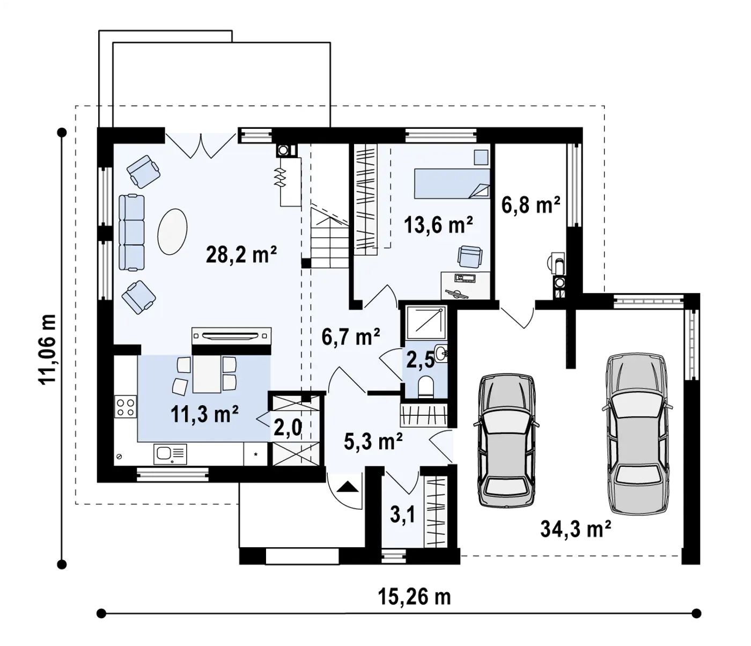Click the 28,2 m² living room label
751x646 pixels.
[241, 254]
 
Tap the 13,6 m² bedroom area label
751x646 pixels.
[438, 225]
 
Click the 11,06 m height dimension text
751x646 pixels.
[47, 349]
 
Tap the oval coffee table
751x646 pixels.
[173, 232]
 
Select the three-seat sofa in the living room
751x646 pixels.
[131, 232]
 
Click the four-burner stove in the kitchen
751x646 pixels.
[126, 407]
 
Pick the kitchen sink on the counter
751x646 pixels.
[170, 454]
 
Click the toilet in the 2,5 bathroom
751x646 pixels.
[425, 387]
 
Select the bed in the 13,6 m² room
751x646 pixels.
[452, 183]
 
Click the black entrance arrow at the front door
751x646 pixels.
[348, 486]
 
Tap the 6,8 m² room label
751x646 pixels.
[531, 205]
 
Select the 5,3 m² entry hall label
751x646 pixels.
[373, 441]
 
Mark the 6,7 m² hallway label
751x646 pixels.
[351, 337]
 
